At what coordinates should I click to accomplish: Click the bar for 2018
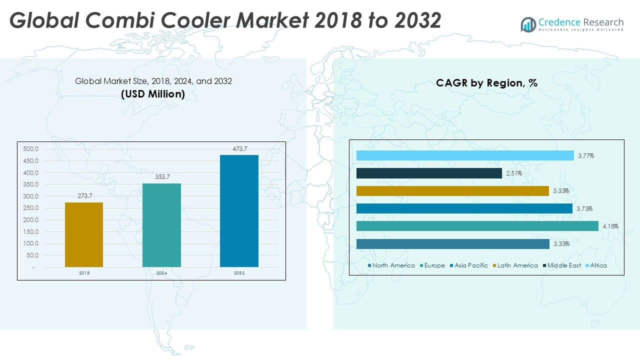(84, 234)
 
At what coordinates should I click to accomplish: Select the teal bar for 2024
(161, 225)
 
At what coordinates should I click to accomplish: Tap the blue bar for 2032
(239, 211)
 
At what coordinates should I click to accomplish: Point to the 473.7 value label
(239, 148)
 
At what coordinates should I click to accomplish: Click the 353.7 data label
(161, 177)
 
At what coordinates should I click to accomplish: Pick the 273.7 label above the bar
(84, 195)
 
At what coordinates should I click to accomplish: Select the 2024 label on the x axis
(161, 273)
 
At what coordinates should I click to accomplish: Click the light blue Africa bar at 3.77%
(465, 155)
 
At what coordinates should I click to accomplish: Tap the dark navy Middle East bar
(429, 173)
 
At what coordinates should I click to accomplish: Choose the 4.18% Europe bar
(477, 226)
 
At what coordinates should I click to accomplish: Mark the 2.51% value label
(513, 173)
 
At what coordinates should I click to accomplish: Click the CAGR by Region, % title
(486, 83)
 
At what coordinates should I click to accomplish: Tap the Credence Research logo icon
(528, 24)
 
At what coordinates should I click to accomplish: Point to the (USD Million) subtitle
(153, 93)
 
